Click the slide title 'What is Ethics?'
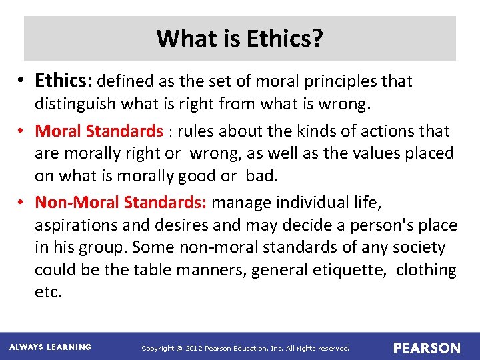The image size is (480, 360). [x=240, y=39]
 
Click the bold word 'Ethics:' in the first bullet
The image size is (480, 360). [x=65, y=81]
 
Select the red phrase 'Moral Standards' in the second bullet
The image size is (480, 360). [x=99, y=131]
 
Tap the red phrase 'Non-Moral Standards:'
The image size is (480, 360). [x=121, y=201]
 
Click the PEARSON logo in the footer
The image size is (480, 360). [x=427, y=348]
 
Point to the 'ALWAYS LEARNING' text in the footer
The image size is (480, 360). [x=50, y=347]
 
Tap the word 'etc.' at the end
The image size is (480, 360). [x=48, y=293]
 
